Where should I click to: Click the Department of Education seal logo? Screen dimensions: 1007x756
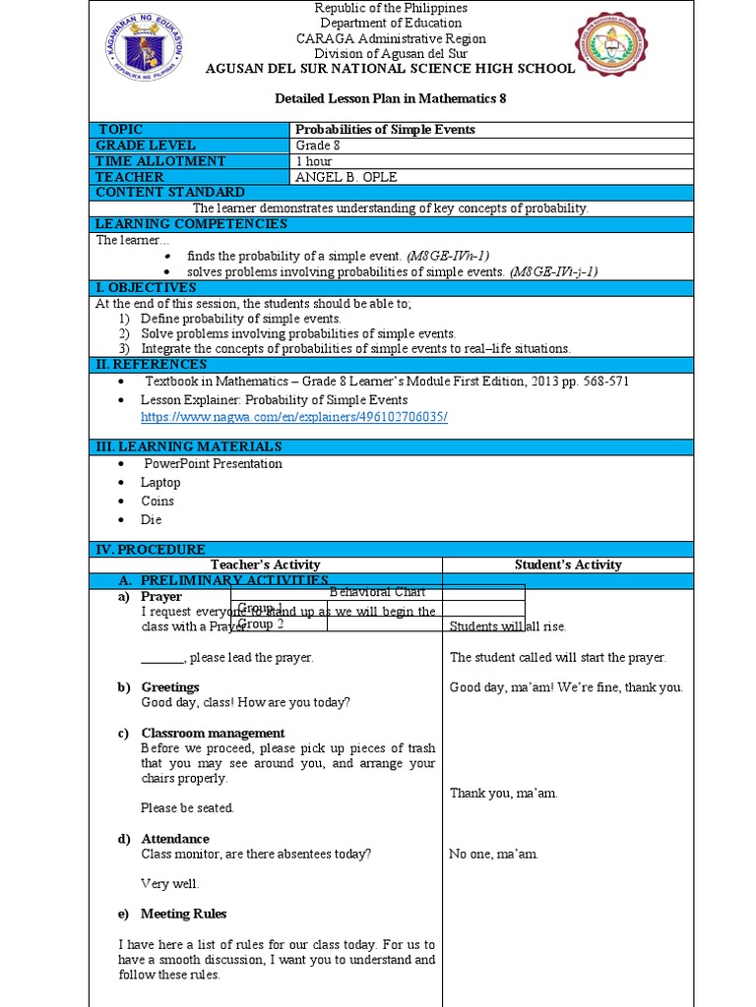pyautogui.click(x=143, y=46)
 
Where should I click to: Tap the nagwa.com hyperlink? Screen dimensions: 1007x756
pyautogui.click(x=294, y=417)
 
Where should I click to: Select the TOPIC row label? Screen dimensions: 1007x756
pyautogui.click(x=121, y=130)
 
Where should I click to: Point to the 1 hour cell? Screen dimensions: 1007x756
pyautogui.click(x=314, y=161)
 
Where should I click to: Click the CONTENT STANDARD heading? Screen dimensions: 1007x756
pyautogui.click(x=170, y=193)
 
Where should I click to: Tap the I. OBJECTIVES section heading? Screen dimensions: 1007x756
pyautogui.click(x=146, y=287)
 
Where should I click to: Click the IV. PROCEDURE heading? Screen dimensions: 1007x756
pyautogui.click(x=150, y=549)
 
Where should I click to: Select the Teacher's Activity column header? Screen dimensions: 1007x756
pyautogui.click(x=266, y=564)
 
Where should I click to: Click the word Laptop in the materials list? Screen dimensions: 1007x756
pyautogui.click(x=160, y=482)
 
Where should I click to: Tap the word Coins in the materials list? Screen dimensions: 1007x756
pyautogui.click(x=157, y=501)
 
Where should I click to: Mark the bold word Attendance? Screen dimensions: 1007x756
pyautogui.click(x=175, y=839)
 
